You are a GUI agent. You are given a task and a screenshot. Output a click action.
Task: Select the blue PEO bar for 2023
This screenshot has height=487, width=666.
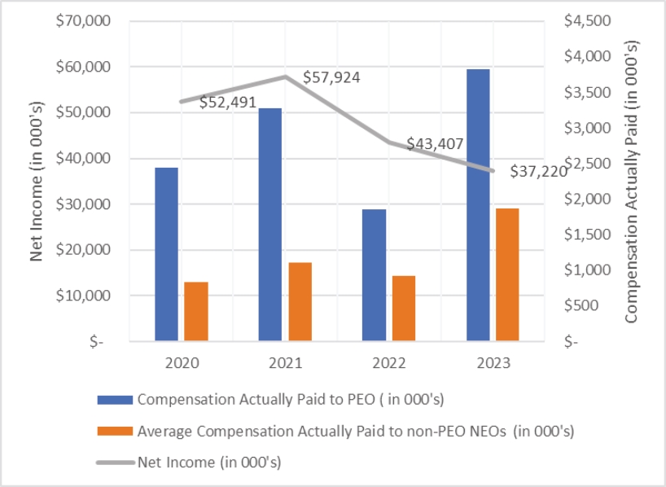coord(478,204)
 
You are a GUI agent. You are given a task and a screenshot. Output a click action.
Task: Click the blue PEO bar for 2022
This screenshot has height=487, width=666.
coord(375,274)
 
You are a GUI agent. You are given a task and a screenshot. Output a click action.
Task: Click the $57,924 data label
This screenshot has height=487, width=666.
coord(331,78)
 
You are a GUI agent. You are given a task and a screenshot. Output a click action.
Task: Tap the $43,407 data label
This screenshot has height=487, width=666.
coord(435,144)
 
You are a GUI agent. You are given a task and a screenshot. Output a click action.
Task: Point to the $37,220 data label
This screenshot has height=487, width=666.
coord(538,171)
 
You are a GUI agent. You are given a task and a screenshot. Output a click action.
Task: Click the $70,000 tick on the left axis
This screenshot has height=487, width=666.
coord(83,20)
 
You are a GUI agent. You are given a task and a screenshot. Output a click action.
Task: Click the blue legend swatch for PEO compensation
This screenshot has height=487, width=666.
coord(115,399)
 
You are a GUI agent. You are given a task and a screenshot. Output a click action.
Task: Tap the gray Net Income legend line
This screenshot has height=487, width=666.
coord(115,462)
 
